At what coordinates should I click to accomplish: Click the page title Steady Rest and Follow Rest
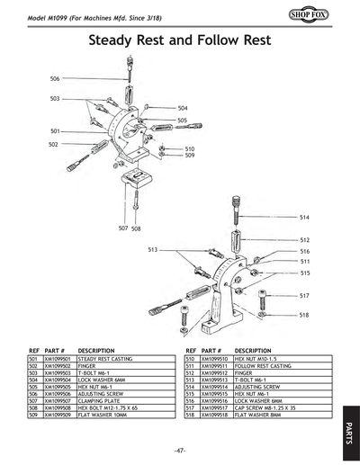tap(180, 41)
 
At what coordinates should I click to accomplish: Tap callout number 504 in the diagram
tap(183, 107)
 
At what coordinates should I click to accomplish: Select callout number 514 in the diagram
tap(304, 218)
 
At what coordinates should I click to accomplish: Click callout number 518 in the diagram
tap(304, 315)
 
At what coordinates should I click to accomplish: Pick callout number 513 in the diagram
tap(153, 249)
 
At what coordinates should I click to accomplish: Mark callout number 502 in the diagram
tap(54, 144)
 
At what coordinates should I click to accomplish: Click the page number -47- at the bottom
tap(180, 448)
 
